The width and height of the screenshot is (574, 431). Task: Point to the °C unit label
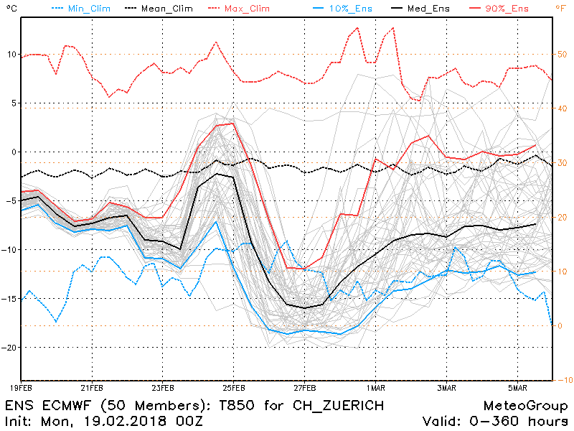pos(9,9)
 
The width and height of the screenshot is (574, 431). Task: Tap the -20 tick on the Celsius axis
pos(9,347)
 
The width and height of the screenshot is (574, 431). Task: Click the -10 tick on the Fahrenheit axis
pos(564,379)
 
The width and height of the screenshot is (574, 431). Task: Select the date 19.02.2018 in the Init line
pos(121,421)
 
